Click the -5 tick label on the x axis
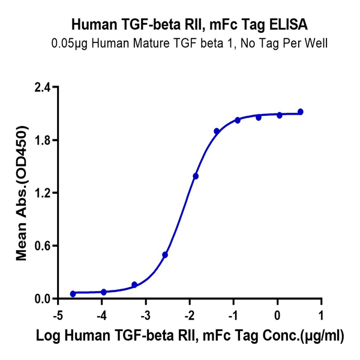(x=58, y=315)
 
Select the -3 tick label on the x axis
(x=145, y=315)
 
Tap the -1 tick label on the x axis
(x=233, y=315)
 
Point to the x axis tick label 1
(x=321, y=315)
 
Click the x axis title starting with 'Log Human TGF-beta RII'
(x=190, y=338)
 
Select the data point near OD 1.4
(x=196, y=176)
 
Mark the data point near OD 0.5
(x=165, y=255)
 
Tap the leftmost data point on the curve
(x=73, y=294)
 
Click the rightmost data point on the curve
(x=301, y=112)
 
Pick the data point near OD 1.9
(x=217, y=131)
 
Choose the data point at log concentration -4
(x=104, y=292)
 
